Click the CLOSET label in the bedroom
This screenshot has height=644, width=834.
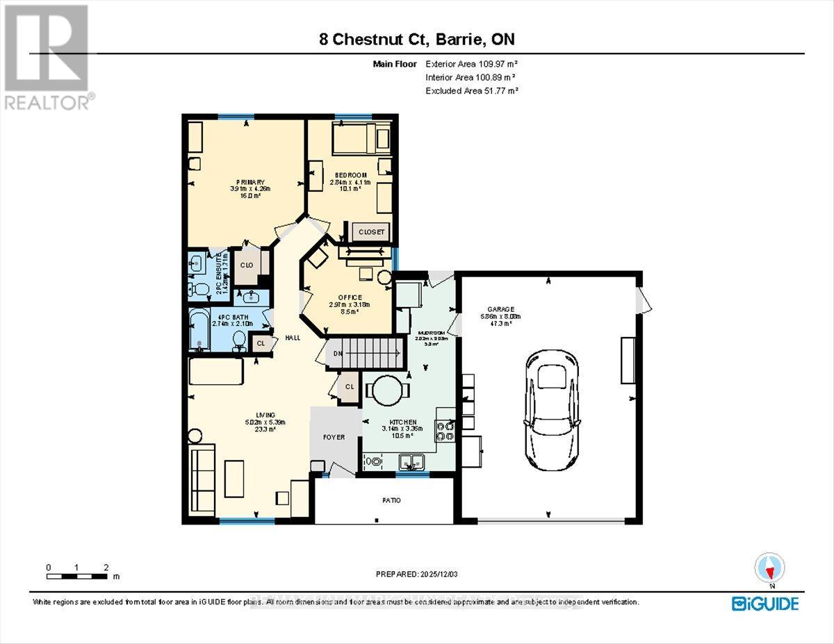tap(370, 232)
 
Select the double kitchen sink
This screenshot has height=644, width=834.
tap(413, 461)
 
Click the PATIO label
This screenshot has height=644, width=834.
tap(391, 500)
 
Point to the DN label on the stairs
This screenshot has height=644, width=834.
tap(338, 354)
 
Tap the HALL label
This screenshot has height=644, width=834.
tap(292, 338)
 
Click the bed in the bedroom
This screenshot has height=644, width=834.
tap(354, 139)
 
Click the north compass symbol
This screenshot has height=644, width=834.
tap(769, 568)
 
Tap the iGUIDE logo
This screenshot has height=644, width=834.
tap(764, 604)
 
